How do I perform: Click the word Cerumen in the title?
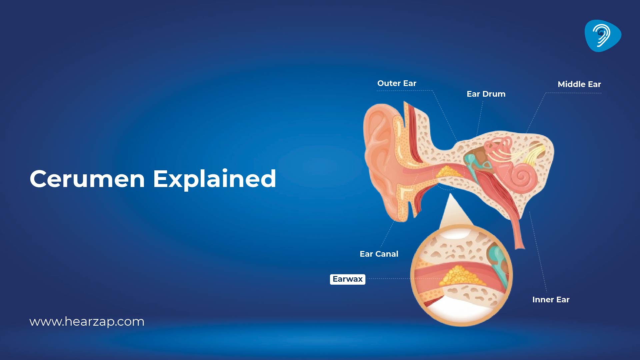(87, 179)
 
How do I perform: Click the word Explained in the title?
(214, 179)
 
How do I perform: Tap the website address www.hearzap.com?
(87, 322)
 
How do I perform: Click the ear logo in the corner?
(602, 36)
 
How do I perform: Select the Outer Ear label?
(397, 83)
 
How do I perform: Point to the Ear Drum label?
(486, 94)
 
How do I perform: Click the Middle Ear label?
(579, 84)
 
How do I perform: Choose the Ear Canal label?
(379, 254)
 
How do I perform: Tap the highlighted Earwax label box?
(347, 279)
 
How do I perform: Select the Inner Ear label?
(551, 300)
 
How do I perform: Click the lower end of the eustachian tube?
(519, 243)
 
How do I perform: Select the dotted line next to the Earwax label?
(388, 279)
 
